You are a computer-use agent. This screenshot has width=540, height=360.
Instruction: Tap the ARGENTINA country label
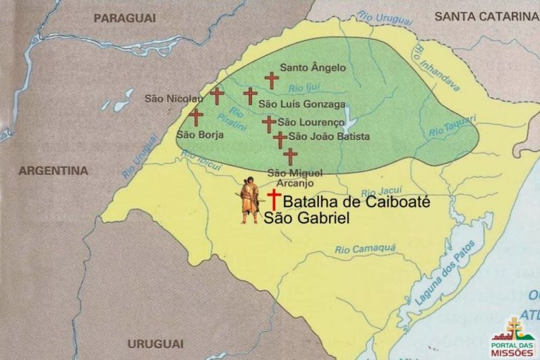53,171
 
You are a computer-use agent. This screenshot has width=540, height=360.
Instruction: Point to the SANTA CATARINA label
486,16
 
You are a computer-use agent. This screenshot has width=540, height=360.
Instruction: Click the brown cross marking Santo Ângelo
272,81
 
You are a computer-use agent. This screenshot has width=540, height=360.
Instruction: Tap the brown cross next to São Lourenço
269,124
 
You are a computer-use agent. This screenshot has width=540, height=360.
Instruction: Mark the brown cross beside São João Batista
280,139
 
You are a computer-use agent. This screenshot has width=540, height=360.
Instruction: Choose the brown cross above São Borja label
196,117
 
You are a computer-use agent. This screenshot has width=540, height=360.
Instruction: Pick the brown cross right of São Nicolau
217,96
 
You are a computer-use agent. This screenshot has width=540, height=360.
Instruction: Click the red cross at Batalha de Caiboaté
274,199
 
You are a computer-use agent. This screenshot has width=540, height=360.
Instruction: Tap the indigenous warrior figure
250,199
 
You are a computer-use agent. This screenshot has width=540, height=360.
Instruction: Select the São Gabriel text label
305,217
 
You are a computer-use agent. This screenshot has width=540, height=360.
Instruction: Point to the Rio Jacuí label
378,192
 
